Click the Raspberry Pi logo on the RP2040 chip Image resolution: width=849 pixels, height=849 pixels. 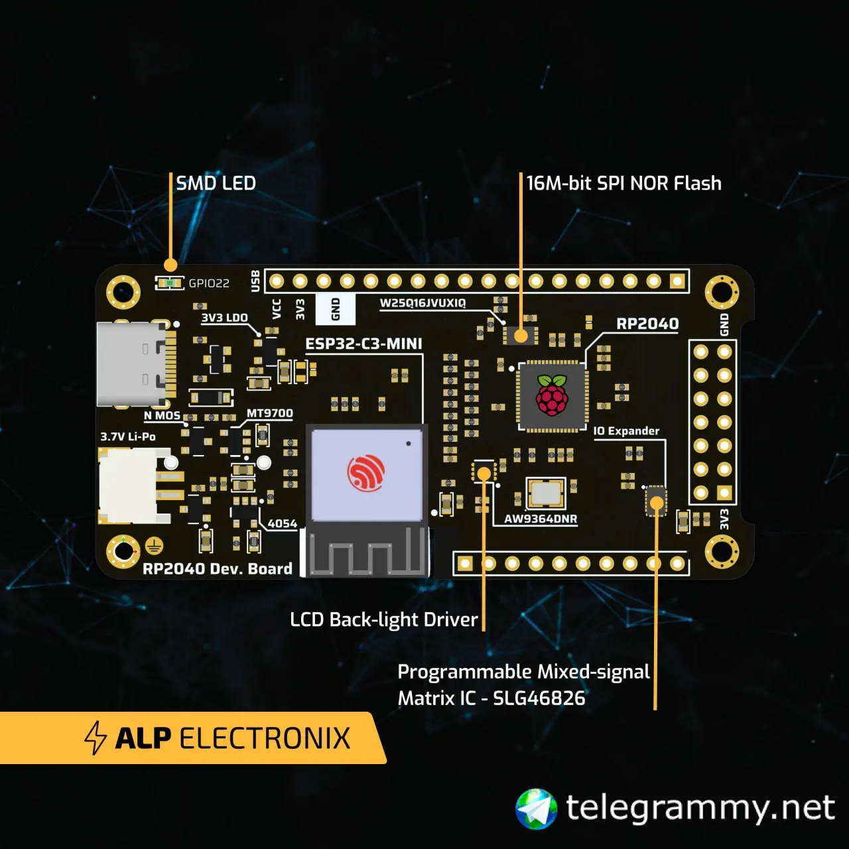[x=552, y=395]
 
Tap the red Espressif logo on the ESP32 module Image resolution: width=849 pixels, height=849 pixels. [x=365, y=472]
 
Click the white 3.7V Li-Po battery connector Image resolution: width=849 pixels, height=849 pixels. [x=129, y=484]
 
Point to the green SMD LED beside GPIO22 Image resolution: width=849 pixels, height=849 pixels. [x=170, y=283]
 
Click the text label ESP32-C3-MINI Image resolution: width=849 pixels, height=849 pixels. [x=363, y=344]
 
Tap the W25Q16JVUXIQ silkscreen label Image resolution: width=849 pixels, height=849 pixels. [x=423, y=303]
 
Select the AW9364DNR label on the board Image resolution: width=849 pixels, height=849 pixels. [x=541, y=519]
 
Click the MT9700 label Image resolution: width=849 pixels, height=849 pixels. [x=269, y=413]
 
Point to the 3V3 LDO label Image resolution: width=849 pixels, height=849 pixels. [x=224, y=318]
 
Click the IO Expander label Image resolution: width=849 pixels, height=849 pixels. [x=626, y=431]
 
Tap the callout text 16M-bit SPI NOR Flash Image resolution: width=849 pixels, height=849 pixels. [x=623, y=183]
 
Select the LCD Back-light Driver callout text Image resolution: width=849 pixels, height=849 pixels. [x=384, y=620]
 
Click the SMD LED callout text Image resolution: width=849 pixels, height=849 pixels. [x=216, y=183]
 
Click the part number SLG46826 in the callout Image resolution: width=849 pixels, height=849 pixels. [x=539, y=698]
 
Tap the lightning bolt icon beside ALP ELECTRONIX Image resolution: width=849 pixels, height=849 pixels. [x=96, y=738]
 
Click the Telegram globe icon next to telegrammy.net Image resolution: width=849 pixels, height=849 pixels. [x=537, y=809]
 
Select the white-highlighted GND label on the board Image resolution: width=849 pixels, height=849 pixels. [x=336, y=309]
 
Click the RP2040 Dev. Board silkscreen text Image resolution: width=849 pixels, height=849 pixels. [x=217, y=568]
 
